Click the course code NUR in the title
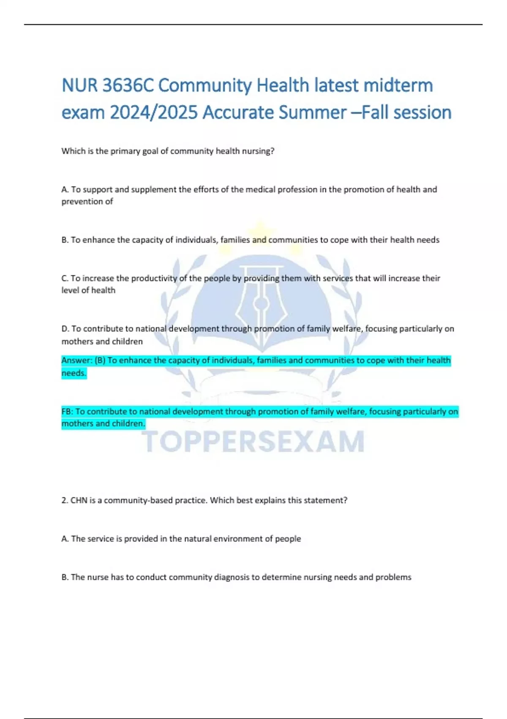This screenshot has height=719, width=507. [x=80, y=85]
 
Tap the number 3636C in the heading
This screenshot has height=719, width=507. [x=128, y=85]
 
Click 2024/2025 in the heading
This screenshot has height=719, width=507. [x=154, y=113]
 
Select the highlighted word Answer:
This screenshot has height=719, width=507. [x=76, y=360]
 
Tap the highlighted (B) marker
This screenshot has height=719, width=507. [x=100, y=360]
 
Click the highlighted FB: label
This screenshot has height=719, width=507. [x=67, y=412]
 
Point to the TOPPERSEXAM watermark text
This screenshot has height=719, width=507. [x=253, y=441]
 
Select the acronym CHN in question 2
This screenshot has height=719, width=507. [x=79, y=500]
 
